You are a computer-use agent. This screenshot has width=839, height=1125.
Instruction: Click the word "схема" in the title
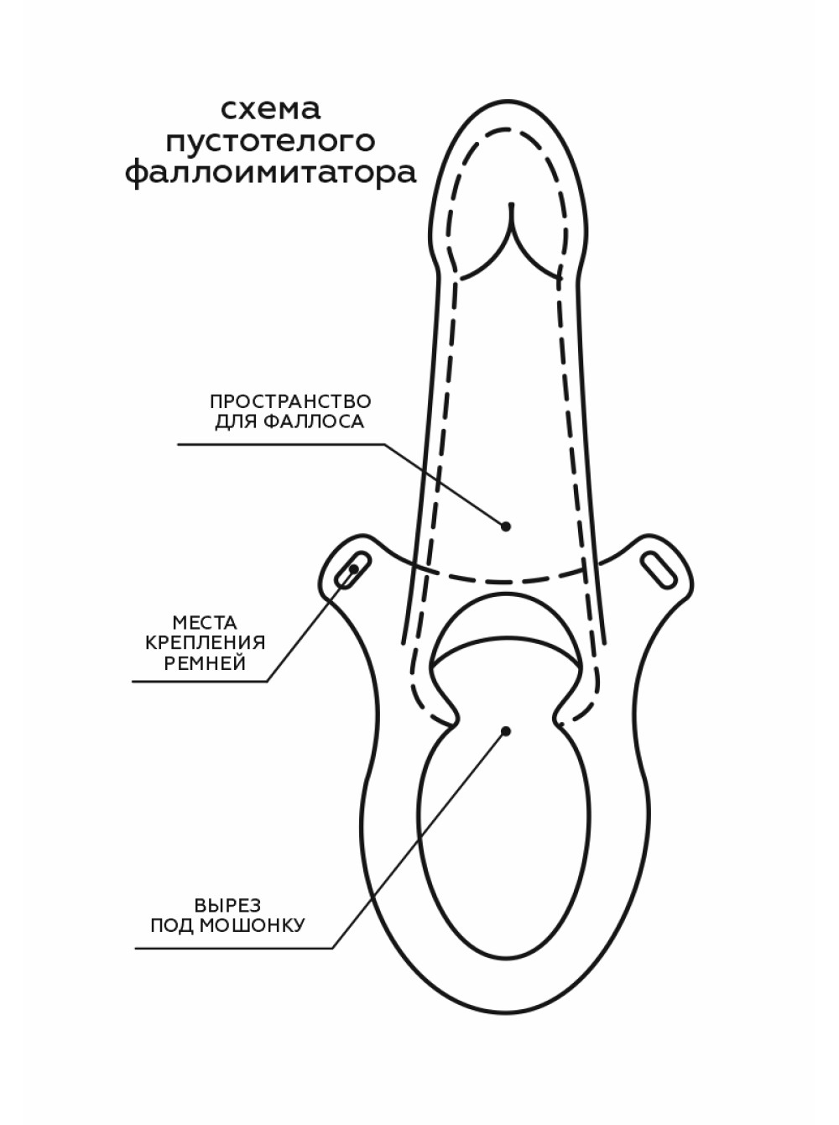[270, 109]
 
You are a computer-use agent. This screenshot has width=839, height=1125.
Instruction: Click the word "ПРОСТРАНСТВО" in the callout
[290, 401]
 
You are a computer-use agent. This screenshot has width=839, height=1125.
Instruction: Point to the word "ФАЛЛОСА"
[315, 422]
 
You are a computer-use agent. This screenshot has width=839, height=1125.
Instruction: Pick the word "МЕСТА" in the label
[205, 622]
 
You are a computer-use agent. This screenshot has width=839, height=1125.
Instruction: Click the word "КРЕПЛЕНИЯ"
[205, 643]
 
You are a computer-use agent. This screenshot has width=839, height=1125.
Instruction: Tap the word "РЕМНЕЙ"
[205, 663]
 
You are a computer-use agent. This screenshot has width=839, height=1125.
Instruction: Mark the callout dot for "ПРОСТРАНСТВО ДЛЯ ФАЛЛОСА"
[506, 526]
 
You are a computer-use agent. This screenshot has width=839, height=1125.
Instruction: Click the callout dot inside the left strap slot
[353, 569]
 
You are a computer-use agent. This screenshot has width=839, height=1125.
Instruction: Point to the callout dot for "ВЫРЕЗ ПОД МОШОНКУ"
[506, 731]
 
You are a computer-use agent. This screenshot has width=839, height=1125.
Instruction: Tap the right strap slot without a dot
[659, 569]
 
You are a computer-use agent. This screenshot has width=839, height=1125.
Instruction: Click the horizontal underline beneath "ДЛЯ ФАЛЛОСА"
[281, 444]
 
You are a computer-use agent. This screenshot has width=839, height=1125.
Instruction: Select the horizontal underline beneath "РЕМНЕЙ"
[200, 682]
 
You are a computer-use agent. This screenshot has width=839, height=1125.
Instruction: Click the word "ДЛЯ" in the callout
[237, 423]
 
